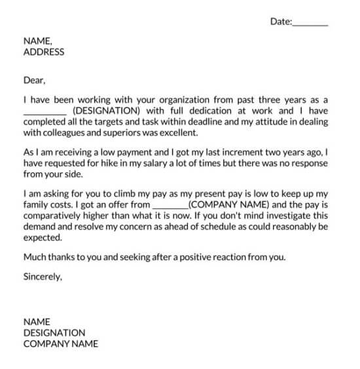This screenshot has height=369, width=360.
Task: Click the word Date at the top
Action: pos(279,22)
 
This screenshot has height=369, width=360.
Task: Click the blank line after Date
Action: pos(310,23)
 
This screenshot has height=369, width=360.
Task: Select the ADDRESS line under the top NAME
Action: pos(44,52)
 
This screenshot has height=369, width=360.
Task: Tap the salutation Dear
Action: pos(34,81)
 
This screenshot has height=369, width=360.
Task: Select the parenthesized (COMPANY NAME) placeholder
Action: pos(228,204)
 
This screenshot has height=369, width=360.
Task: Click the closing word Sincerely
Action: pos(43,277)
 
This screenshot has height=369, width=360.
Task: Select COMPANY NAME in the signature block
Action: pos(60,343)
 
